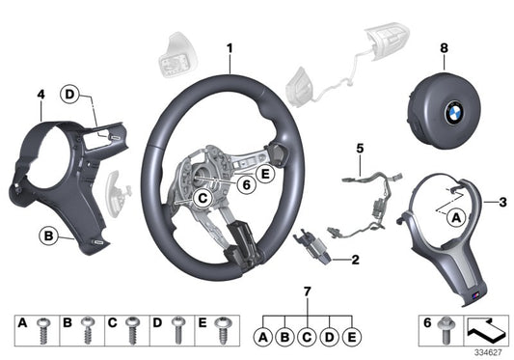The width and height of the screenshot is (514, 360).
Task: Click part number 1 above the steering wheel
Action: (x=230, y=47)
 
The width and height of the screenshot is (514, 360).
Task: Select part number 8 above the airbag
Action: (x=444, y=48)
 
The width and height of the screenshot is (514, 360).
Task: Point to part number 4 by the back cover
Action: (x=41, y=95)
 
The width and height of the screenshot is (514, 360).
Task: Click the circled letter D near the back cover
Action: (x=69, y=94)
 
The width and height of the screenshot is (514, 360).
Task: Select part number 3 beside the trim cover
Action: (x=502, y=202)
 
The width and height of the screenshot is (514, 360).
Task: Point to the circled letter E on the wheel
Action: (x=264, y=175)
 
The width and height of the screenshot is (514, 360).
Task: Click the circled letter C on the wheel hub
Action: (x=203, y=198)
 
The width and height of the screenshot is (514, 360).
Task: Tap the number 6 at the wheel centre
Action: (x=246, y=181)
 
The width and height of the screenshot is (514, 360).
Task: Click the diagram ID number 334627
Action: (x=491, y=351)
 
